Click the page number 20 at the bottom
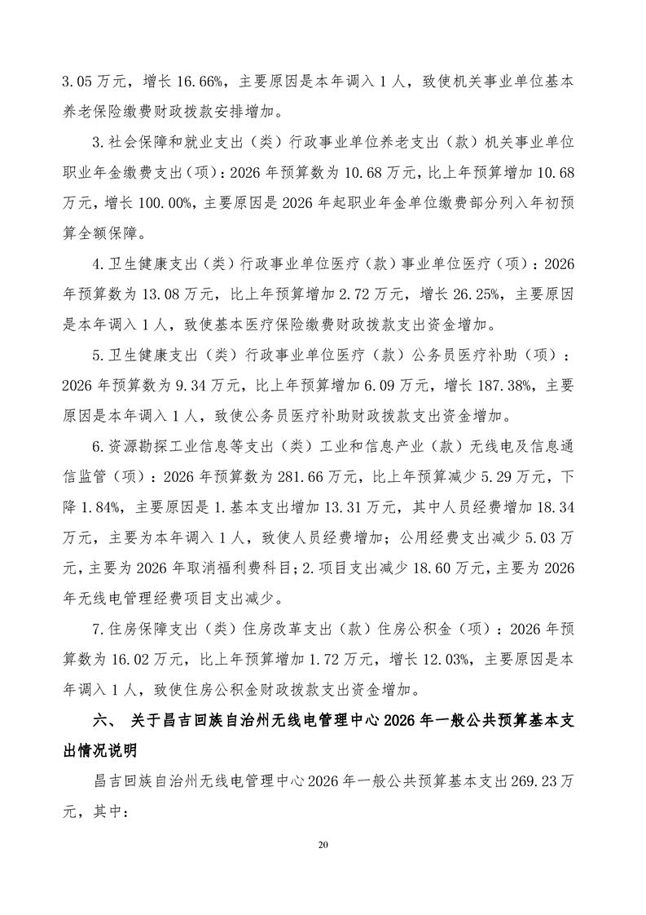(323, 844)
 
